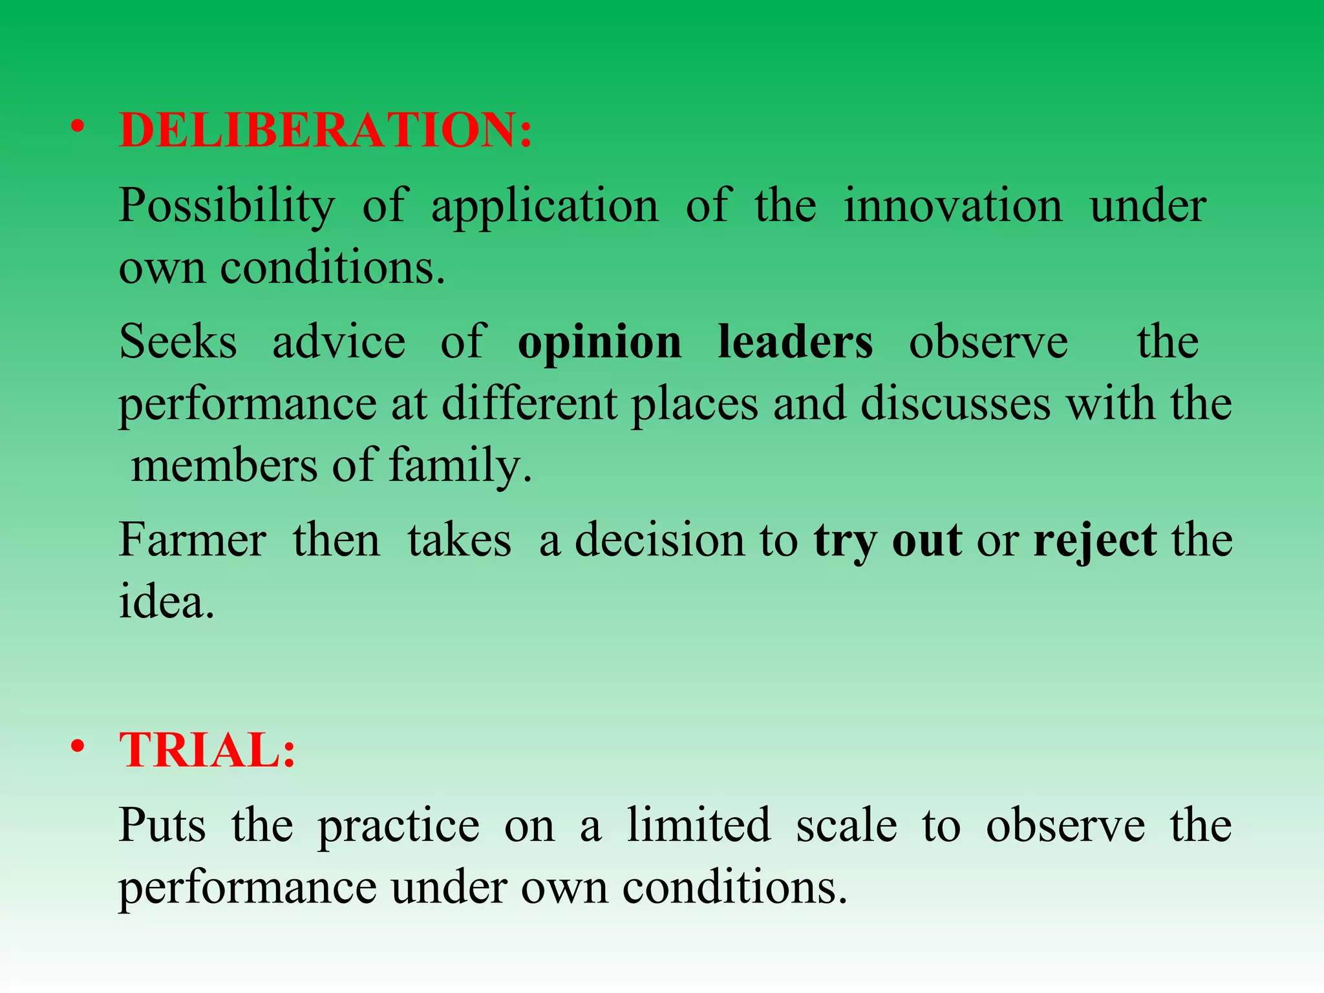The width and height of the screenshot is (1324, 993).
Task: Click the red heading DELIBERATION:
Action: tap(326, 130)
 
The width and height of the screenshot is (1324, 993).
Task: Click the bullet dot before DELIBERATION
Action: tap(78, 127)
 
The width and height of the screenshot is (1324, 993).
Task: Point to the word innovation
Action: tap(953, 206)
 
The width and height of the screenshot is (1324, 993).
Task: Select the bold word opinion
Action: tap(599, 343)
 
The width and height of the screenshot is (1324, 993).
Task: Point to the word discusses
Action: tap(956, 403)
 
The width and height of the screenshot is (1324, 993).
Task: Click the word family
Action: tap(460, 465)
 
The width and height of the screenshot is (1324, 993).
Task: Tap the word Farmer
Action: tap(192, 540)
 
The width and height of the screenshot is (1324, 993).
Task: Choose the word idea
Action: tap(165, 602)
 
